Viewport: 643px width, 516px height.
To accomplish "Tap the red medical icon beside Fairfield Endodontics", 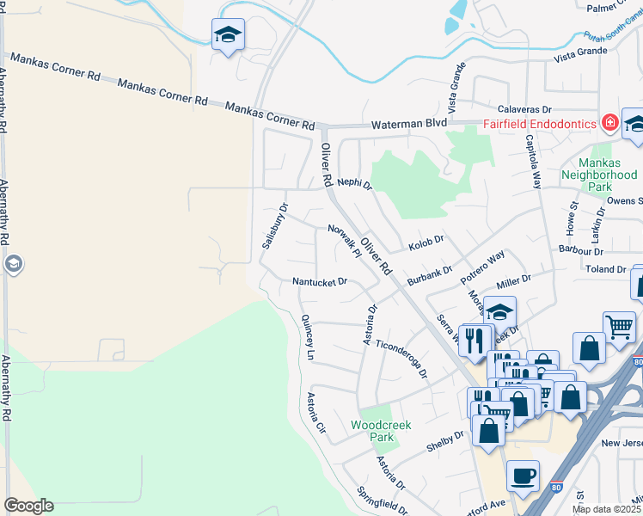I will (x=609, y=123).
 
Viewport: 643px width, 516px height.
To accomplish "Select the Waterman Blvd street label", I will (x=409, y=125).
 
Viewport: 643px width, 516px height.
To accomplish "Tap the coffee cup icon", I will (x=523, y=475).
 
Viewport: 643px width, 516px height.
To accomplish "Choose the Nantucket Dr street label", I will (x=319, y=281).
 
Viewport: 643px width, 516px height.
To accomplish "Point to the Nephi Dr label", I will (x=354, y=184).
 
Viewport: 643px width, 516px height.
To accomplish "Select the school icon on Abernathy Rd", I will (x=13, y=264).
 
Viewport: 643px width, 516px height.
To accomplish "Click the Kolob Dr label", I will (x=425, y=241).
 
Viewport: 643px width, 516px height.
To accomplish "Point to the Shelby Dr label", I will (x=445, y=441).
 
